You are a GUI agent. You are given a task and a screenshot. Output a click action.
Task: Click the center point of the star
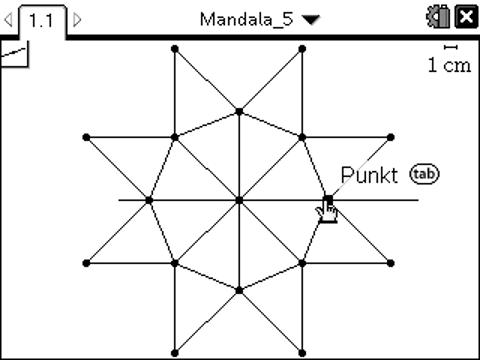pos(239,200)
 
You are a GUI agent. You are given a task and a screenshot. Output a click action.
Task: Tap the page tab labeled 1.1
pos(41,19)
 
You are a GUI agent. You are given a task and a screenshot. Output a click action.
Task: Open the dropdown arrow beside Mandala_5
pos(317,19)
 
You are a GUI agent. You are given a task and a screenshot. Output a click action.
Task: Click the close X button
pos(465,18)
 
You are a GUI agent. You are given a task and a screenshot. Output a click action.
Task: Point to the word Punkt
pos(369,175)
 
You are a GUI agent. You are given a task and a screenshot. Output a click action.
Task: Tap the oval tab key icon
pos(424,175)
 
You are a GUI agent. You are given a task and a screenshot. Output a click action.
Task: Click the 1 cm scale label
pos(448,65)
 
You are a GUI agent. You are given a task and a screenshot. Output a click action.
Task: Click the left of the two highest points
pos(175,48)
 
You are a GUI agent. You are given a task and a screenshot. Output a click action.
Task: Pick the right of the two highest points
pos(303,48)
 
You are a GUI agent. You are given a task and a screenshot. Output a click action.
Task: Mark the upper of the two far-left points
pos(85,136)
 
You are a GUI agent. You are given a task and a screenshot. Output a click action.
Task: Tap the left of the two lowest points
pos(175,352)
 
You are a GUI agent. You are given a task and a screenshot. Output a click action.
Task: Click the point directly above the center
pos(239,110)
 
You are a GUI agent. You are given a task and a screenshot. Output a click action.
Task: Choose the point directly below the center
pos(239,290)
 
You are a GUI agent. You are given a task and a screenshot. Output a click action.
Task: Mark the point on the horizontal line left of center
pos(149,200)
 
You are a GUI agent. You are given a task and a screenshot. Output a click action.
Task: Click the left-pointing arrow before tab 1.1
pos(10,19)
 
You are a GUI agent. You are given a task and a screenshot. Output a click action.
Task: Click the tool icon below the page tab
pos(14,54)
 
